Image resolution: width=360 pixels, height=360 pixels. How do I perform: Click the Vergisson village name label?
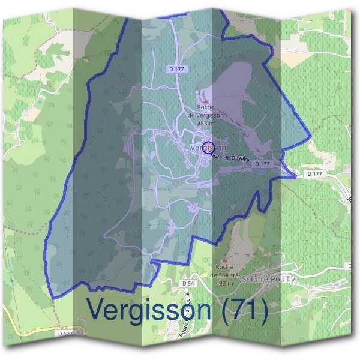coord(208,148)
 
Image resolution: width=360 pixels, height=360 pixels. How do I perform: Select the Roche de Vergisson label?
coord(206,111)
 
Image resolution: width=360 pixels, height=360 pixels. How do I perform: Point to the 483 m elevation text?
coord(206,123)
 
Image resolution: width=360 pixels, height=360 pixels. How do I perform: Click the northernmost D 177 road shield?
coord(176,70)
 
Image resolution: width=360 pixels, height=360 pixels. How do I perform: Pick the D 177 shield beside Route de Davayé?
coord(262,163)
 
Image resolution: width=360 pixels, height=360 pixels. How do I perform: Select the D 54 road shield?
coord(188,282)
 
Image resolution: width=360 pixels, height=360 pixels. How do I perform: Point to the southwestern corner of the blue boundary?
coord(53,297)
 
